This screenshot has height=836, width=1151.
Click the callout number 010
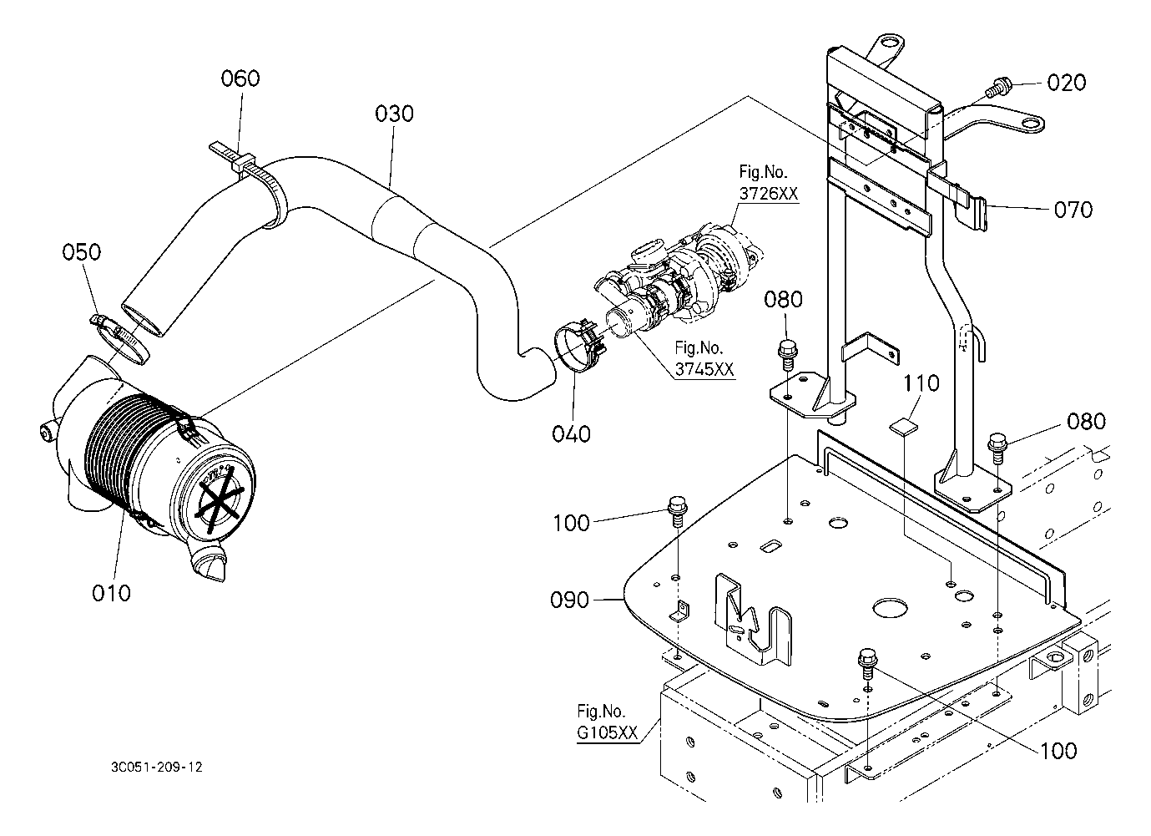[111, 593]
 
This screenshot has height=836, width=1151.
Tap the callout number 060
[240, 79]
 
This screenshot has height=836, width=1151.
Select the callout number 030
[394, 114]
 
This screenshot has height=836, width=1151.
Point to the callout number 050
[82, 252]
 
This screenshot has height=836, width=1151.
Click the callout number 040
[571, 434]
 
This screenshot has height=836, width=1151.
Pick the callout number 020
[1066, 82]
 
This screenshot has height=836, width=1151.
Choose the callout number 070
[1073, 210]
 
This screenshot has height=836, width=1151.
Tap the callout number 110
[921, 383]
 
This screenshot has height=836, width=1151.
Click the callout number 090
[569, 600]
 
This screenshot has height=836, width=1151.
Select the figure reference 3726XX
[769, 193]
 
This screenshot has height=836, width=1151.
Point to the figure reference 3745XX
[704, 369]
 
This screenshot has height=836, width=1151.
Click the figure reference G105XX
[607, 732]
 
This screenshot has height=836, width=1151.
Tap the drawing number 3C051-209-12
[157, 768]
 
